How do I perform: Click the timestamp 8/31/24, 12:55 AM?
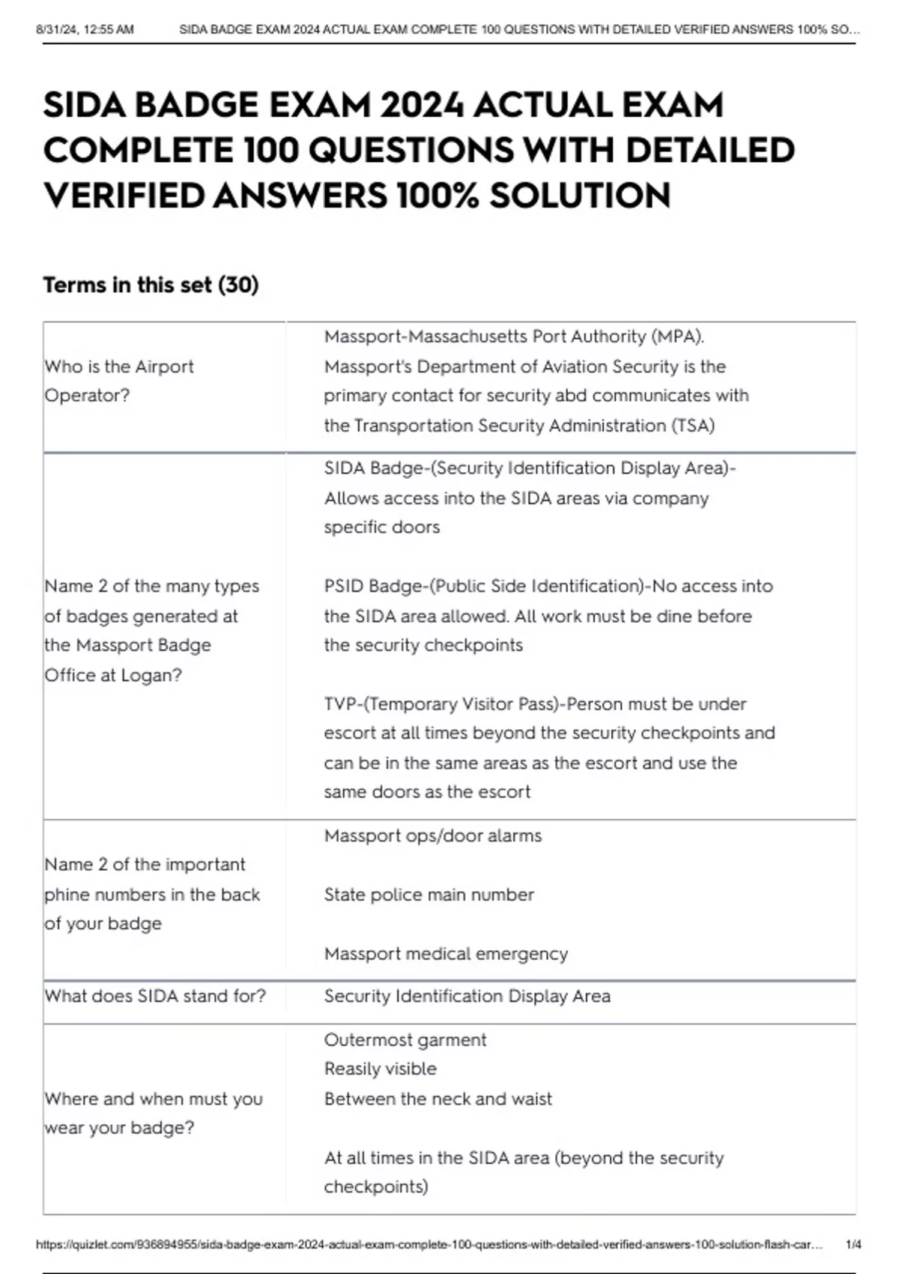[x=85, y=30]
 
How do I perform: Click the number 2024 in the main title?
[x=420, y=105]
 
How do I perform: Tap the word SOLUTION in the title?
[x=580, y=196]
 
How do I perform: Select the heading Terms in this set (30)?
[x=151, y=285]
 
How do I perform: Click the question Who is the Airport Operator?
[x=118, y=381]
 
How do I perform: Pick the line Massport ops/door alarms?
[x=432, y=836]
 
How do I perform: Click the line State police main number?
[x=429, y=895]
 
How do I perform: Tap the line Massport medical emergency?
[x=446, y=954]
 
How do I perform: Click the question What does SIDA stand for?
[x=155, y=996]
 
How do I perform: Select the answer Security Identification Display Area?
[x=467, y=996]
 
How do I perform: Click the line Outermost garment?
[x=405, y=1040]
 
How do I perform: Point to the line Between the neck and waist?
[x=438, y=1099]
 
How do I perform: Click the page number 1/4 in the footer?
[x=853, y=1245]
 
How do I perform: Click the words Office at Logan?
[x=113, y=675]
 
